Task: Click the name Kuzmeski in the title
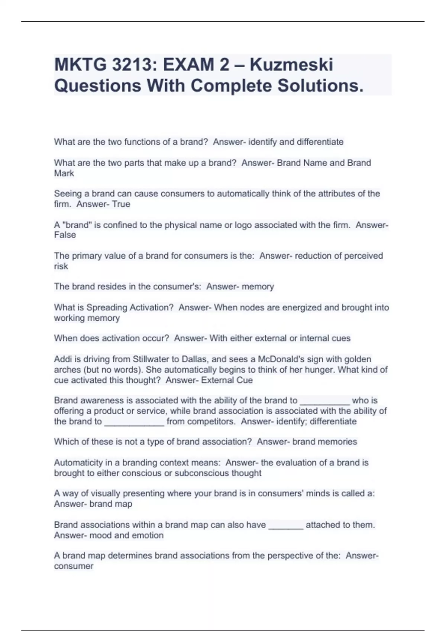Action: (x=291, y=65)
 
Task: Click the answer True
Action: (x=121, y=204)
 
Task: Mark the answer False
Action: (x=65, y=235)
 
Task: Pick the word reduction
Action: (x=311, y=256)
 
